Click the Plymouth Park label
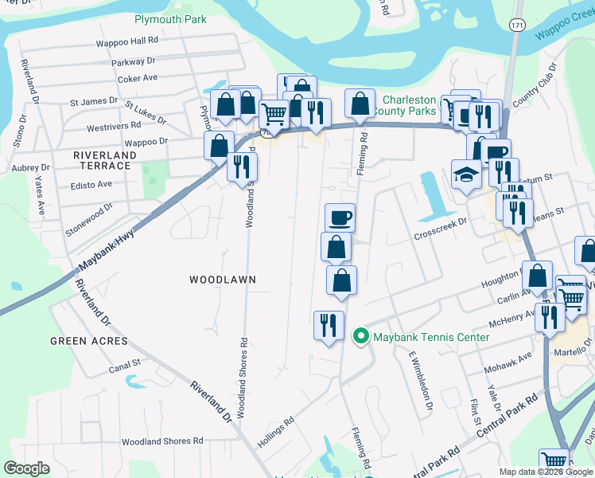pyautogui.click(x=170, y=19)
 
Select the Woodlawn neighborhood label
pyautogui.click(x=222, y=280)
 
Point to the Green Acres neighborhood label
pyautogui.click(x=88, y=341)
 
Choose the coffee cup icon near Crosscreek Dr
pyautogui.click(x=340, y=216)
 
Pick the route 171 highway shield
pyautogui.click(x=517, y=25)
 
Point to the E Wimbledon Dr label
pyautogui.click(x=421, y=382)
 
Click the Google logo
pyautogui.click(x=27, y=468)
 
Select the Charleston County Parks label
pyautogui.click(x=410, y=106)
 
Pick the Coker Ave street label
pyautogui.click(x=138, y=78)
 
